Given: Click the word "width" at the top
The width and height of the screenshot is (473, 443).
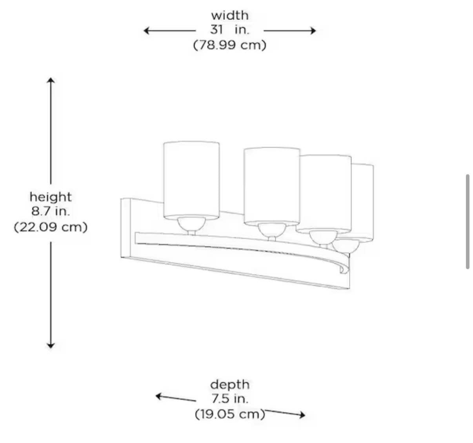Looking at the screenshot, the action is pos(230,15).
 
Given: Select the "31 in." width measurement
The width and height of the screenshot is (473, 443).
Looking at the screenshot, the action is pos(229,30).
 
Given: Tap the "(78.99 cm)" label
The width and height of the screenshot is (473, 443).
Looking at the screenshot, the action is pos(229,45).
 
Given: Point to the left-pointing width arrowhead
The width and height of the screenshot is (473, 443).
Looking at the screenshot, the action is pos(146,31).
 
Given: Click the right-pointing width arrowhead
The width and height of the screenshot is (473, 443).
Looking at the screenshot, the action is pos(313,31).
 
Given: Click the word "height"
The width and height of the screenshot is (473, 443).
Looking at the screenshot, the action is pos(51,197).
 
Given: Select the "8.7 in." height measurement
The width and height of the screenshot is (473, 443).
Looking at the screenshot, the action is pos(51,211).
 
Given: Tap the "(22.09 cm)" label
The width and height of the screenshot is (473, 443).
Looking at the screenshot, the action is pos(51,227).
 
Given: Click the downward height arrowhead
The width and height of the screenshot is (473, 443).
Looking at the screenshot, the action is pos(51,346).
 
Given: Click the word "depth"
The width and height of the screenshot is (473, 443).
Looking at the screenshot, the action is pos(230,385).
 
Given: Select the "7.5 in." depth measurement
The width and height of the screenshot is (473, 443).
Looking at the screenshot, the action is pos(230,399).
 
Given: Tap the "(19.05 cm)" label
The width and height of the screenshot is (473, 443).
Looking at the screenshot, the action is pos(230,414).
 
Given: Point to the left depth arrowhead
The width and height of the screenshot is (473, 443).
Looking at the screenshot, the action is pos(158,396).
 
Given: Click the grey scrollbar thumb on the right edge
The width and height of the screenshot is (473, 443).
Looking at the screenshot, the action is pos(468,222).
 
